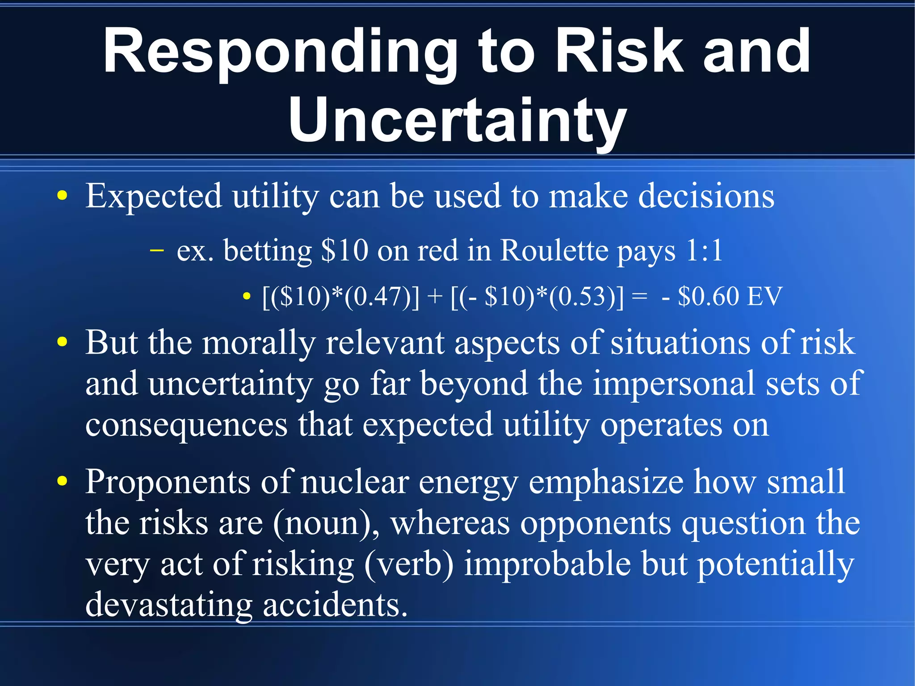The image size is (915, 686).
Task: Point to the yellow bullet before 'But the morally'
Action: pyautogui.click(x=63, y=343)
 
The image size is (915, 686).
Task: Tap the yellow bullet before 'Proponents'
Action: pyautogui.click(x=63, y=481)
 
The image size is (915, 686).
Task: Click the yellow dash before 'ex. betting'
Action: pyautogui.click(x=156, y=250)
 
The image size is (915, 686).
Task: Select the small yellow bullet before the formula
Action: pyautogui.click(x=246, y=296)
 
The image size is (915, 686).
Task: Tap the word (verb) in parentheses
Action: pyautogui.click(x=409, y=564)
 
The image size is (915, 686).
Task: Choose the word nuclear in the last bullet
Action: pyautogui.click(x=355, y=482)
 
